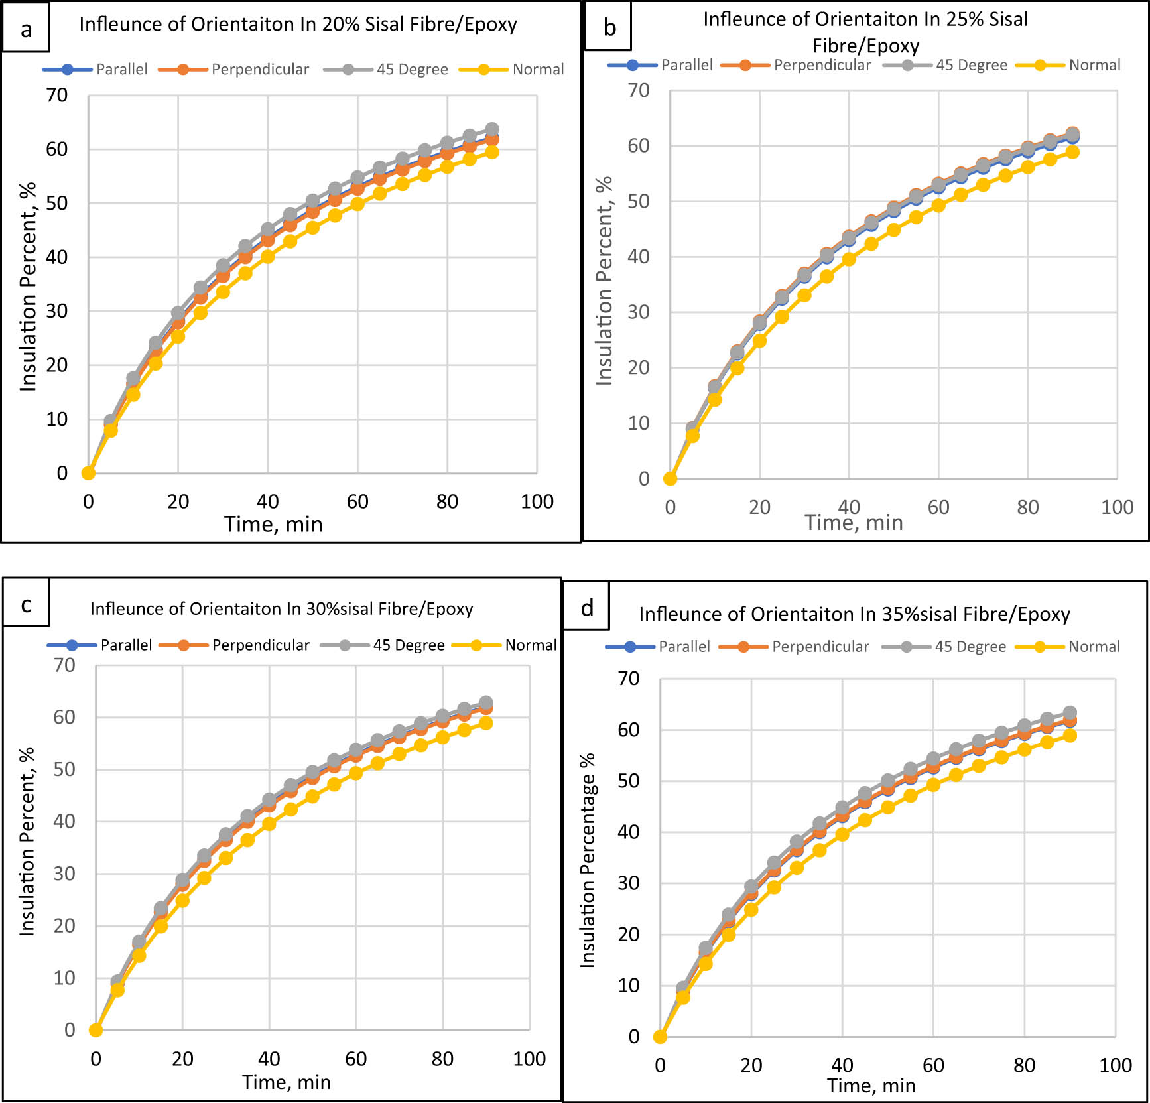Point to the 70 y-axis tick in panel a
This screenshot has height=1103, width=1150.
pos(57,96)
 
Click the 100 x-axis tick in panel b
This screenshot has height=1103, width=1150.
pos(1117,507)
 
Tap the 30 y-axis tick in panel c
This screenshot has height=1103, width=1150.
pos(64,874)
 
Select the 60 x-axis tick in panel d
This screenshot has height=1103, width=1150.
pos(932,1065)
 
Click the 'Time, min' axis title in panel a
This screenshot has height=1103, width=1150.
pos(273,524)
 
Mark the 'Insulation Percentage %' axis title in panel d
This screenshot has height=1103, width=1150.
pos(588,860)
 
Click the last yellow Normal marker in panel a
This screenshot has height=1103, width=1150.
pos(491,152)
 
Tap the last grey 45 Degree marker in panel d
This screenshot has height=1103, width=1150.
pos(1070,713)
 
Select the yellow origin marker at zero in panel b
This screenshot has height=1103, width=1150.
pos(670,478)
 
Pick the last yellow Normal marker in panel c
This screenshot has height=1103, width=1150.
pos(485,723)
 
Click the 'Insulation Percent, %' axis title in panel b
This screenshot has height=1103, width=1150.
pos(604,281)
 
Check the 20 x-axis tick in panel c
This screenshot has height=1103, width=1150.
pos(182,1059)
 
